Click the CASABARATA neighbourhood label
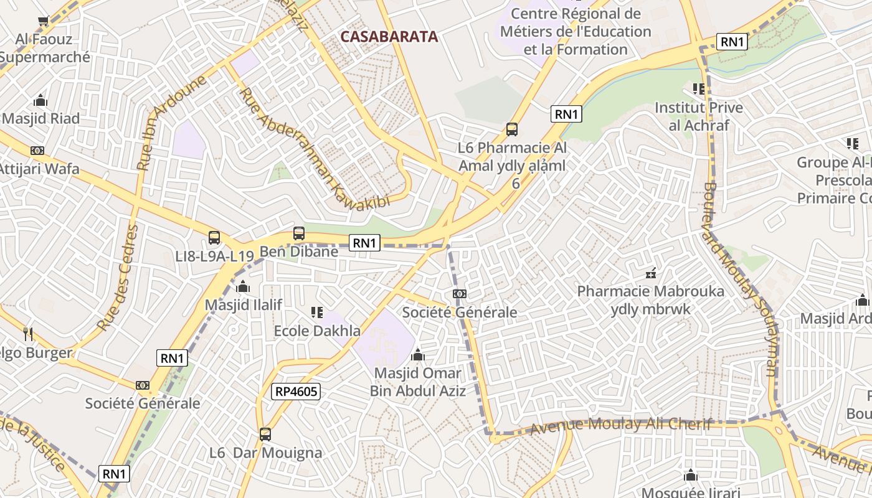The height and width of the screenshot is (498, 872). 389,37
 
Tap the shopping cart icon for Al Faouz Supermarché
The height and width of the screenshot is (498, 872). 43,21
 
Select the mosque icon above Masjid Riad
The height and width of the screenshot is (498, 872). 40,100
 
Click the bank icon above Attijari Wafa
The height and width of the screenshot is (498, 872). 37,151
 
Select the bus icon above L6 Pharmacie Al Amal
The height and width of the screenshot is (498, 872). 512,129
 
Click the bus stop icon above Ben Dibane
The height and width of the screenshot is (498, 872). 299,233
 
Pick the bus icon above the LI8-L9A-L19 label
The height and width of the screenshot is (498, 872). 214,237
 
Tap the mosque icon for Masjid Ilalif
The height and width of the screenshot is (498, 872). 243,287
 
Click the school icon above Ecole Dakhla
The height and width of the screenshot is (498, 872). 316,312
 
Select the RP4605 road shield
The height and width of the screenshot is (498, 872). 296,391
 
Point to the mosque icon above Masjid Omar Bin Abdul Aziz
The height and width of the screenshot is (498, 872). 418,355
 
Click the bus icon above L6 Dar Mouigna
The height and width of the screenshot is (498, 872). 265,435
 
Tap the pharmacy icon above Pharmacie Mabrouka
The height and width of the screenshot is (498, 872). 651,273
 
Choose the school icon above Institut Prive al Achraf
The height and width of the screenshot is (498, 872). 698,89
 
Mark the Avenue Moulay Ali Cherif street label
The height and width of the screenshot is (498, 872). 620,426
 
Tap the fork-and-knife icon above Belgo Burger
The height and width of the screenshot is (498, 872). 28,334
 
